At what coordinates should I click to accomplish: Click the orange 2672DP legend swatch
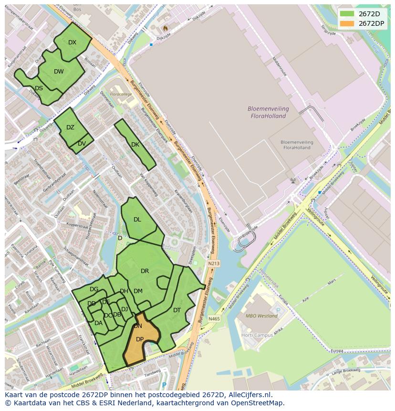[347, 23]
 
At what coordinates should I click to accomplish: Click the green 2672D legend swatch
[347, 13]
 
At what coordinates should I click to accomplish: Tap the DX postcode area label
[72, 42]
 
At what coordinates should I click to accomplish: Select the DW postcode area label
[59, 72]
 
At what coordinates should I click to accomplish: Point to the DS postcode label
[39, 88]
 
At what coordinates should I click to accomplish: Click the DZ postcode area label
[70, 127]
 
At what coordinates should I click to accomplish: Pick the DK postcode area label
[135, 145]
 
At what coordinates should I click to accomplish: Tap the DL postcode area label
[137, 220]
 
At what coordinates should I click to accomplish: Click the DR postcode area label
[145, 271]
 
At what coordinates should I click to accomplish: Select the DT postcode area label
[177, 310]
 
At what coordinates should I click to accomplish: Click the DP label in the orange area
[140, 339]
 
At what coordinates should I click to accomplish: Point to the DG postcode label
[94, 289]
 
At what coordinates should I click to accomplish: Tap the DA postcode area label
[98, 323]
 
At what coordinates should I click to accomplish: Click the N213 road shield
[214, 263]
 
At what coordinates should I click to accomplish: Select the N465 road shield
[214, 319]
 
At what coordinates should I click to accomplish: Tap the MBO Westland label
[261, 316]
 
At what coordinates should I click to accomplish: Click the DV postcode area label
[82, 144]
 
